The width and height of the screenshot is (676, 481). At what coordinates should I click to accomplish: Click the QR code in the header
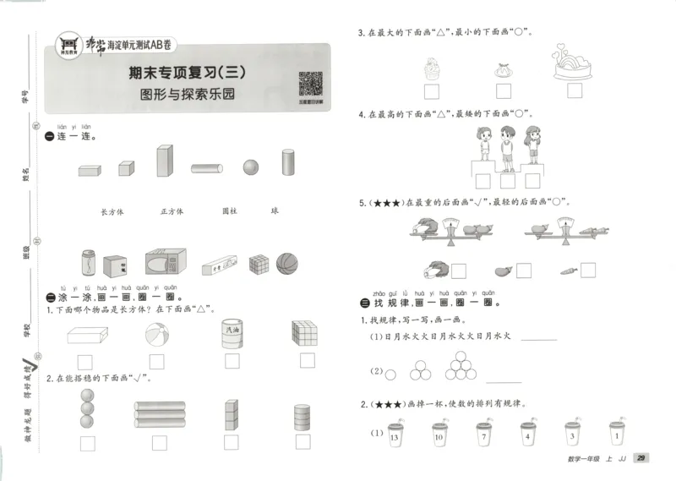pos(310,86)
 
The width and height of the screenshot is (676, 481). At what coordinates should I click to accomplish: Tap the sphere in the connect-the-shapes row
pos(251,167)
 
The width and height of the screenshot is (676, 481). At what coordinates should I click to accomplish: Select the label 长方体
pos(112,211)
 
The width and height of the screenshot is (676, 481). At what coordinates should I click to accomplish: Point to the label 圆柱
pos(230,211)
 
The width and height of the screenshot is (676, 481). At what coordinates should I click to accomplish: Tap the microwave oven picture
pos(166,262)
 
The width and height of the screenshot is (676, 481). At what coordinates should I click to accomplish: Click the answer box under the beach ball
pos(157,361)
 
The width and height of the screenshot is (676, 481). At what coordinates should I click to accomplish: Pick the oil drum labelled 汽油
pos(231,332)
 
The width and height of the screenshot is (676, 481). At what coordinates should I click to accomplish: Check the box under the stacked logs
pos(159,442)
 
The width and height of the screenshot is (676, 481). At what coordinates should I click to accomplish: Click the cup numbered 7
pos(481,435)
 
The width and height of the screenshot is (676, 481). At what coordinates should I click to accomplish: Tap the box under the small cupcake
pos(432,90)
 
